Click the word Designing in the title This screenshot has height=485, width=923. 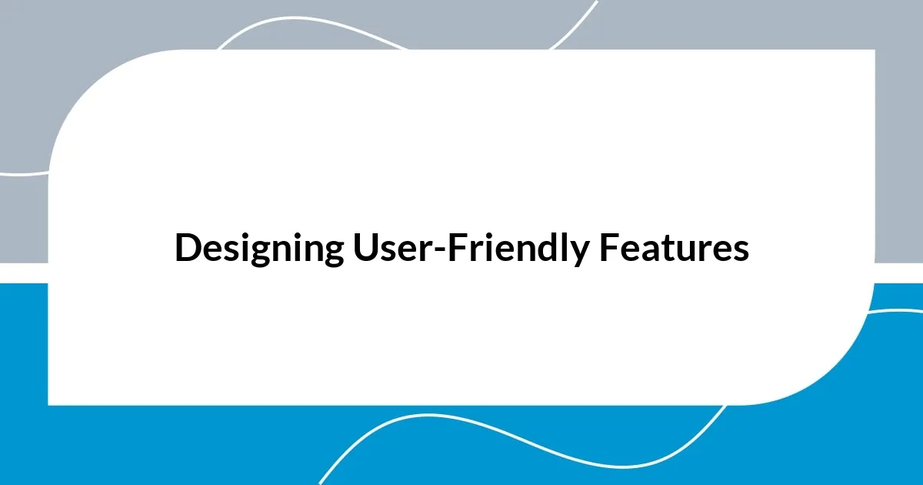pyautogui.click(x=259, y=249)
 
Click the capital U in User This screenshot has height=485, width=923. pyautogui.click(x=364, y=249)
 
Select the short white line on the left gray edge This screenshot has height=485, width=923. pyautogui.click(x=23, y=172)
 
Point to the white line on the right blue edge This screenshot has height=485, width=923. pyautogui.click(x=896, y=310)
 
